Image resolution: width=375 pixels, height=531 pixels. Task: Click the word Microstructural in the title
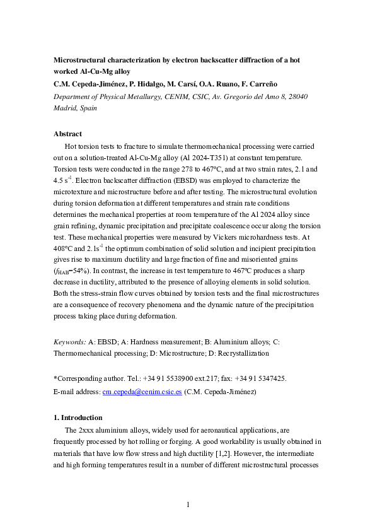(79, 61)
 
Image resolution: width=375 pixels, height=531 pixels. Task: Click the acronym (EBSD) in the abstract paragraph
(168, 180)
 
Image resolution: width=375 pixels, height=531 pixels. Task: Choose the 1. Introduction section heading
(79, 417)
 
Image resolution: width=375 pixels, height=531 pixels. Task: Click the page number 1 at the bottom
(187, 505)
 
